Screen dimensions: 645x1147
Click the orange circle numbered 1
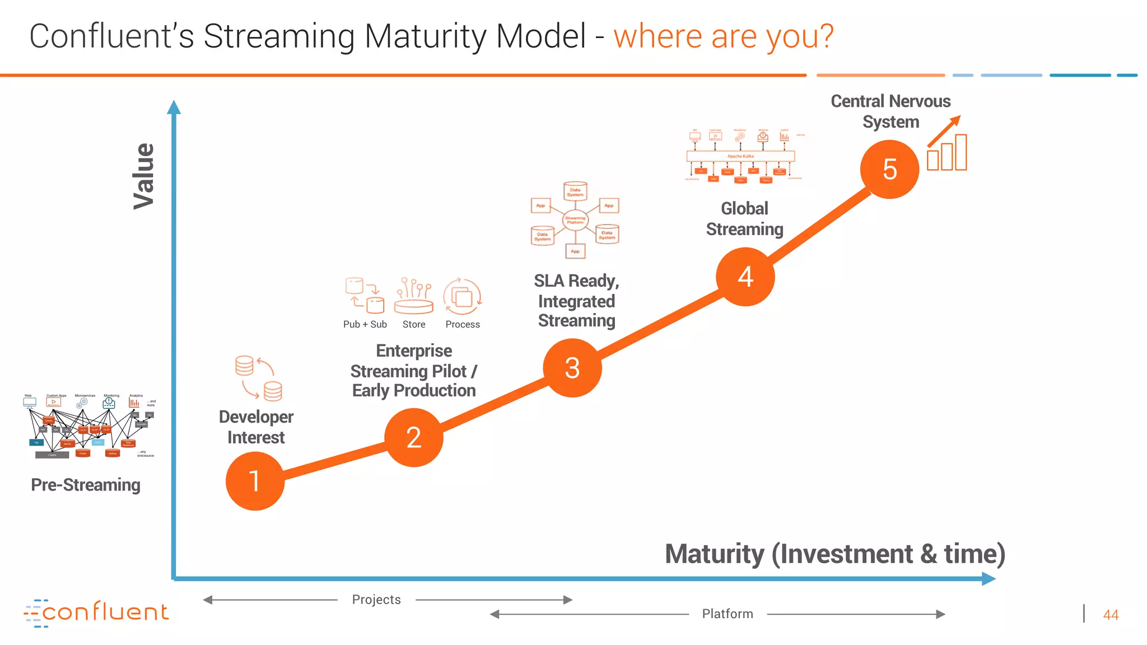tap(255, 481)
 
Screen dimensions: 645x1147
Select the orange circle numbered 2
tap(413, 437)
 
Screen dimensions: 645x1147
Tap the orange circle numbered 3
tap(572, 368)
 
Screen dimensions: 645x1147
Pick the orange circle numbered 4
tap(745, 277)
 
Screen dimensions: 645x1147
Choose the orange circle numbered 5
tap(889, 169)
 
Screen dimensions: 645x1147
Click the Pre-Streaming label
tap(86, 485)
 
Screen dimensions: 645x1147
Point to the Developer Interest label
tap(256, 427)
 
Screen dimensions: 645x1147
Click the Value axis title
tap(144, 176)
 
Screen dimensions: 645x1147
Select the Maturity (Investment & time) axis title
tap(834, 554)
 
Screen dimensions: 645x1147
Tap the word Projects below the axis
tap(376, 600)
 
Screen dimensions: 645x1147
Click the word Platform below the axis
tap(728, 614)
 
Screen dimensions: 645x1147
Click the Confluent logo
tap(96, 613)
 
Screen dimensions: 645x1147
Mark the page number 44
tap(1111, 615)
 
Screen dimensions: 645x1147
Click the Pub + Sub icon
tap(365, 295)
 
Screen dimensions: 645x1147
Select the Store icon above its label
tap(413, 296)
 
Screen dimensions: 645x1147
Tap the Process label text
tap(463, 324)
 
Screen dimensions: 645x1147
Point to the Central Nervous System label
tap(890, 111)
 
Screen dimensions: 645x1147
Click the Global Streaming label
tap(744, 219)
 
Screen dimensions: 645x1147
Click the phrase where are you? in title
tap(724, 36)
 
